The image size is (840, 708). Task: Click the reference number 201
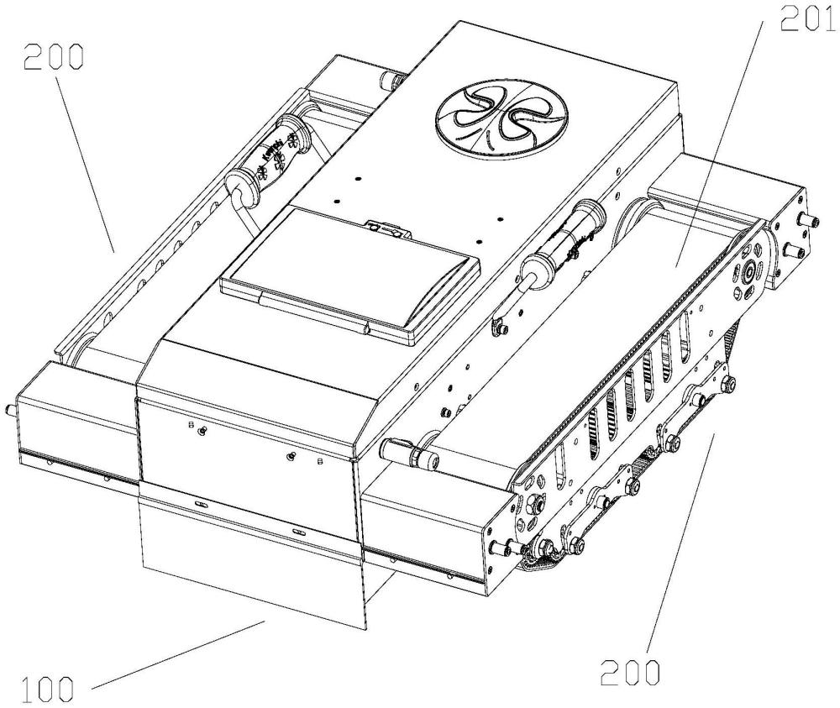pos(808,18)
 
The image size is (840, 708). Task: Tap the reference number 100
pos(47,690)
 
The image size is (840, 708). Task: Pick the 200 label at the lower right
pos(629,672)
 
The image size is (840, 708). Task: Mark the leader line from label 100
pos(179,654)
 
